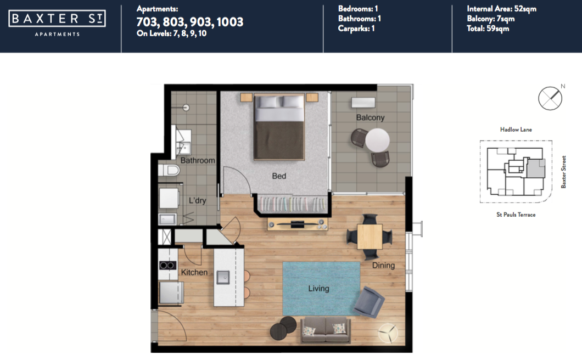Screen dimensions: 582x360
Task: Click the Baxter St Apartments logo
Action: [x=57, y=24]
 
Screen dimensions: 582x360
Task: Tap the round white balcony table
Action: [x=378, y=140]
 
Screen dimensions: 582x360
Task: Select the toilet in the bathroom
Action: [x=169, y=170]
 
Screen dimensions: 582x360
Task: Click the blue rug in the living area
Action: [x=321, y=288]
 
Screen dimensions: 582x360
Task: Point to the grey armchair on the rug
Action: [x=369, y=302]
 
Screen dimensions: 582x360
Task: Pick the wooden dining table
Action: [x=370, y=237]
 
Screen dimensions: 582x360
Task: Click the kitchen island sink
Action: [x=223, y=277]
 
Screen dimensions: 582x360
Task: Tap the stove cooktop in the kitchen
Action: [x=168, y=266]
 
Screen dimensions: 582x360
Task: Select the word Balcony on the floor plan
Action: [x=370, y=117]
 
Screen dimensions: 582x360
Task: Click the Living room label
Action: [x=318, y=288]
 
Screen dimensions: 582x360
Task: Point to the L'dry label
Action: [x=197, y=200]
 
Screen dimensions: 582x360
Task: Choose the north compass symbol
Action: [x=551, y=98]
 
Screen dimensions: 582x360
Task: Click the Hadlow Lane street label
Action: [x=516, y=130]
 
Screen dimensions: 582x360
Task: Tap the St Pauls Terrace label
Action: [x=516, y=215]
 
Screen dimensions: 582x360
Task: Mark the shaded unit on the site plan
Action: [x=536, y=168]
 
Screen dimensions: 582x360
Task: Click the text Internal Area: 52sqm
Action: [x=501, y=9]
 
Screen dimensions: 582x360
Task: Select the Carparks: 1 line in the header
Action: [x=356, y=28]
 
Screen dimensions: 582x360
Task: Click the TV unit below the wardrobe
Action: [x=297, y=224]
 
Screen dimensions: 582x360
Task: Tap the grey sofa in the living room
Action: [x=325, y=330]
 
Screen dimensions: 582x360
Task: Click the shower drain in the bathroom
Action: [x=186, y=108]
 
